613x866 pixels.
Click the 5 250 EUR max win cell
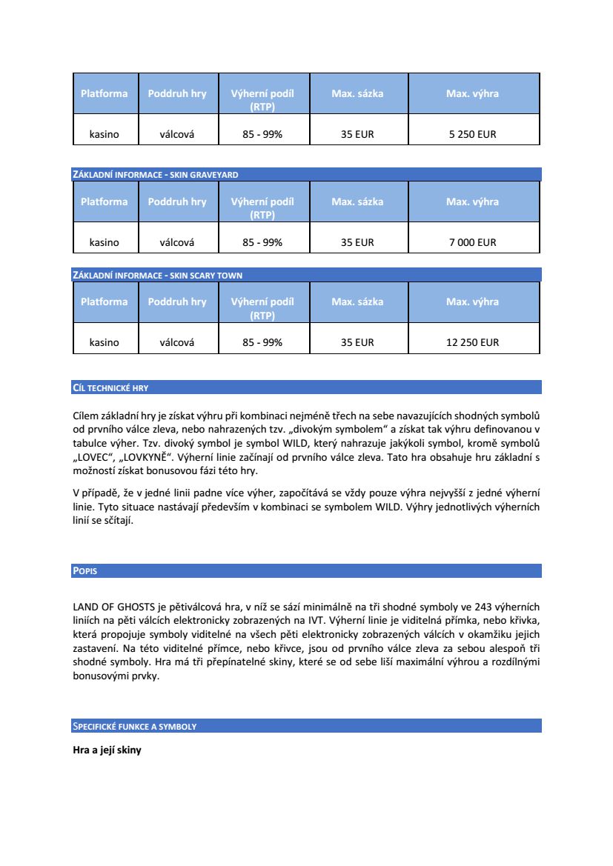(x=472, y=135)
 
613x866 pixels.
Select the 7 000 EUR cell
(x=472, y=242)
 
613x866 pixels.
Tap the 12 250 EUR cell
(x=472, y=342)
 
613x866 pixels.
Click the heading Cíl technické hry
(x=110, y=387)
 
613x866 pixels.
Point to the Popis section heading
(x=85, y=571)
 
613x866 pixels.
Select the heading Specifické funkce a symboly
(x=134, y=726)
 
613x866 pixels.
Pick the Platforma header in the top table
(x=105, y=93)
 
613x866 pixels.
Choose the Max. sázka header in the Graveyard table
(x=357, y=201)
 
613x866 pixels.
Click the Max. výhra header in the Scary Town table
(x=472, y=302)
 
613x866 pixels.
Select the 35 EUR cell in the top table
(x=357, y=135)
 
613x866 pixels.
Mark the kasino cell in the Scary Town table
(x=105, y=342)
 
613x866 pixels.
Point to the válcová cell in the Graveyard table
(x=177, y=242)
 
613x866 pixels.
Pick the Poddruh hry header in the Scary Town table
(x=177, y=302)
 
